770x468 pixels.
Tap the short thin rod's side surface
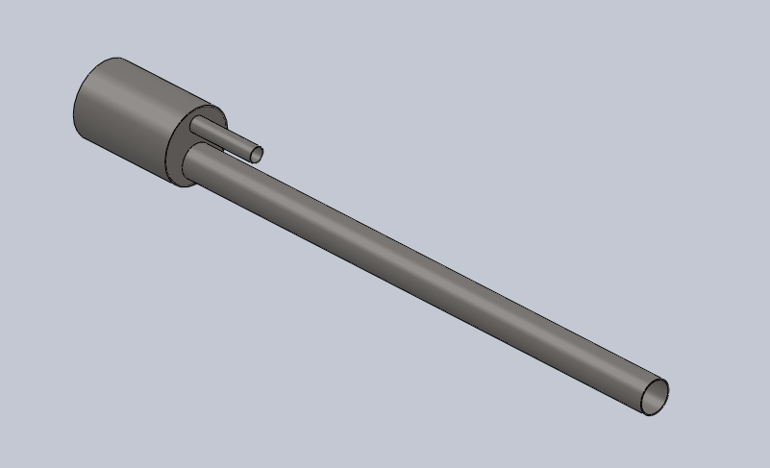click(227, 140)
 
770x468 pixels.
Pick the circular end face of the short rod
click(257, 154)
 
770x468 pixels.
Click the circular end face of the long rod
click(655, 395)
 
